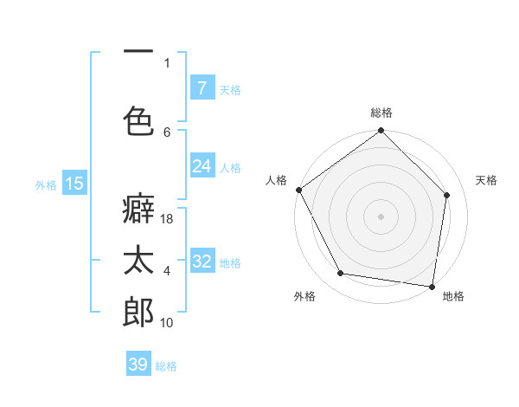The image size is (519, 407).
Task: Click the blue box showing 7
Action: point(202,87)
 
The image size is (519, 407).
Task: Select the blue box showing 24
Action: point(202,166)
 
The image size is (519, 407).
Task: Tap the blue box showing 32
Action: point(202,262)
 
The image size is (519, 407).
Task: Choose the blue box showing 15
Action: point(74,183)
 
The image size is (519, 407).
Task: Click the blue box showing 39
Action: point(138,365)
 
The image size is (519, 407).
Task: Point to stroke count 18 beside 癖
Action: point(167,220)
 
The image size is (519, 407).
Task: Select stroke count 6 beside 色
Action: point(167,132)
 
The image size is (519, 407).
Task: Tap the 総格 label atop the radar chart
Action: point(381,113)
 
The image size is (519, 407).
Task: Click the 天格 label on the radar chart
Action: point(487,180)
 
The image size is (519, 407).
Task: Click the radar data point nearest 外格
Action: point(340,274)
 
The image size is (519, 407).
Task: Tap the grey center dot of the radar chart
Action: point(381,216)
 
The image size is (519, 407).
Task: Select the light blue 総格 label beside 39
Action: point(166,365)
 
